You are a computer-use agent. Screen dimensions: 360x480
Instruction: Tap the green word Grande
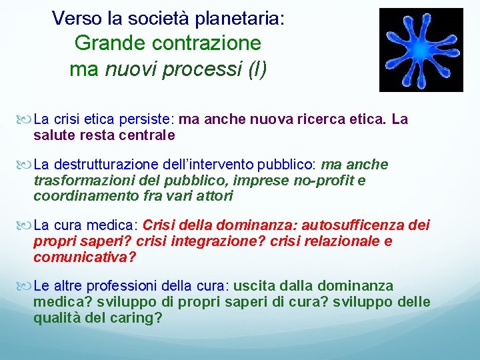point(111,43)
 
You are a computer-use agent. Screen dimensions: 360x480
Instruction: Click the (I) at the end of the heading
point(257,69)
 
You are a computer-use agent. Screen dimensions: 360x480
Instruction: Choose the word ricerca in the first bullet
point(313,120)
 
